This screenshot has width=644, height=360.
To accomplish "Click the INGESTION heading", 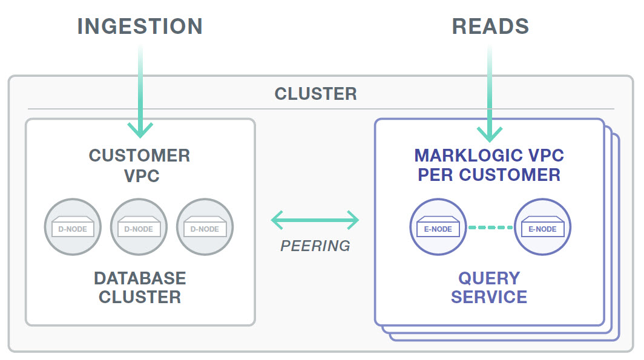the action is [x=140, y=26].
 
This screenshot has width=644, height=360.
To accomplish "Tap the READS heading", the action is [x=490, y=26].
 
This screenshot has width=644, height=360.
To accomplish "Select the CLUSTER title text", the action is [x=315, y=94].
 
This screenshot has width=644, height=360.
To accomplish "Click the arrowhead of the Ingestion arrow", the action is [x=140, y=131].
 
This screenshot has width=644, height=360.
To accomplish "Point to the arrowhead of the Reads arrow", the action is [x=490, y=134].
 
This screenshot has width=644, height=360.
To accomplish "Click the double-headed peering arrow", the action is [x=315, y=220].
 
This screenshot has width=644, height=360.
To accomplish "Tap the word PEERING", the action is [x=315, y=246].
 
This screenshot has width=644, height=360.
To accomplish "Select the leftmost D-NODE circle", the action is [x=73, y=227].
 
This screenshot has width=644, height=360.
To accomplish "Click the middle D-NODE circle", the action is [x=139, y=227].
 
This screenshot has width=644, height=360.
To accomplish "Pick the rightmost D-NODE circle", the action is [x=205, y=227].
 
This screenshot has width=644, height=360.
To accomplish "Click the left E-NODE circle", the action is [x=438, y=227].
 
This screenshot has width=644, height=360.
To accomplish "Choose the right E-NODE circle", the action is [x=542, y=227].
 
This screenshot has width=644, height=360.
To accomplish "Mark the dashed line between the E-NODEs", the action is [x=490, y=227].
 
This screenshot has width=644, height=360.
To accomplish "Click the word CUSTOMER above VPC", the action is [x=140, y=155].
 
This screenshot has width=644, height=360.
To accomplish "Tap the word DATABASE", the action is [x=140, y=278].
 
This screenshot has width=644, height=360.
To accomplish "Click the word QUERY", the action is [x=489, y=278].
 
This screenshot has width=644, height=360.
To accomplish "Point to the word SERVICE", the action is [x=489, y=297].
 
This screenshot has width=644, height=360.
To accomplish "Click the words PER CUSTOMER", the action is [x=489, y=175].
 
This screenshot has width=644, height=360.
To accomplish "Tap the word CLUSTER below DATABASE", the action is [x=140, y=297].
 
